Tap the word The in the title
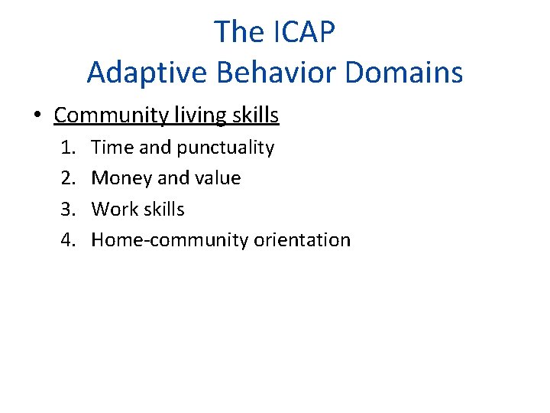[237, 32]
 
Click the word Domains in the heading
[404, 73]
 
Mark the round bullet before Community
[37, 116]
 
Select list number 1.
[69, 148]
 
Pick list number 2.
[69, 178]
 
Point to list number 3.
[69, 209]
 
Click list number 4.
[69, 239]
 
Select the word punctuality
[225, 148]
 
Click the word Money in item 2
[121, 178]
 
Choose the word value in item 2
[218, 178]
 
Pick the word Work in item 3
[112, 209]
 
